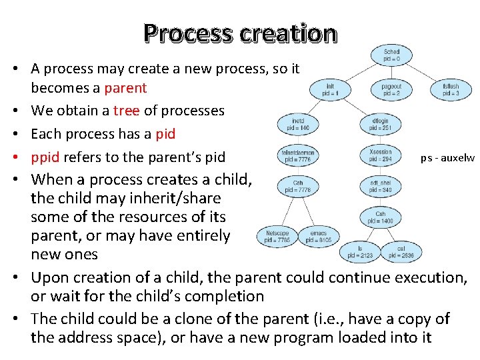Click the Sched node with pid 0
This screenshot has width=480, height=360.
pyautogui.click(x=391, y=55)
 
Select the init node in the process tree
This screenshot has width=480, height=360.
pyautogui.click(x=330, y=90)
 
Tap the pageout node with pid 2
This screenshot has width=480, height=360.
pyautogui.click(x=391, y=90)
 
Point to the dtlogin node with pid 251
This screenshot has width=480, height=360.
pyautogui.click(x=379, y=123)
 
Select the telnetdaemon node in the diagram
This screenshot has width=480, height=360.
pyautogui.click(x=298, y=155)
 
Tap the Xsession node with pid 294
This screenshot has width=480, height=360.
pyautogui.click(x=380, y=155)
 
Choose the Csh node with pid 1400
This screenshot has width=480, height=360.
pyautogui.click(x=380, y=218)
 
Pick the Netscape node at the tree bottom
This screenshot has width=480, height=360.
pyautogui.click(x=277, y=236)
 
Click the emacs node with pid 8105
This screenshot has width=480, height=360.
pyautogui.click(x=318, y=236)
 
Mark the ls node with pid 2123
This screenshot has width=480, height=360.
pyautogui.click(x=360, y=251)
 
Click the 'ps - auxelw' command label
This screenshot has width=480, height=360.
pyautogui.click(x=447, y=158)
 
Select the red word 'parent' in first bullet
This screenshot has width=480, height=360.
pyautogui.click(x=125, y=87)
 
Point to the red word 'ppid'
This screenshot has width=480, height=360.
pyautogui.click(x=45, y=157)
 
